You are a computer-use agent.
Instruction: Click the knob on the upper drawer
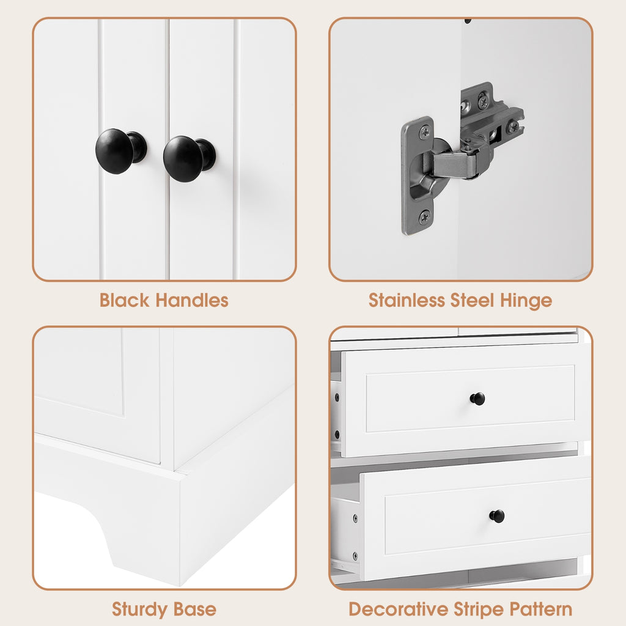[477, 399]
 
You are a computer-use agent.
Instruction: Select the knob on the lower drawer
[497, 516]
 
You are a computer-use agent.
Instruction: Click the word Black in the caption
[124, 300]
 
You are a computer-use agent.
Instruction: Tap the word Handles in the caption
[191, 300]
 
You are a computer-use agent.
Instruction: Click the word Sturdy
[133, 609]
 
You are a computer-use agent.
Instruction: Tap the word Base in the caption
[195, 609]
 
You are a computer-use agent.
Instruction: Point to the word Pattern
[542, 609]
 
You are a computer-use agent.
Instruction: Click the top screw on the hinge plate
[424, 131]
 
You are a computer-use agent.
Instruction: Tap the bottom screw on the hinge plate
[423, 217]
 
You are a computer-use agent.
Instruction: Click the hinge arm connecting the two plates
[455, 164]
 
